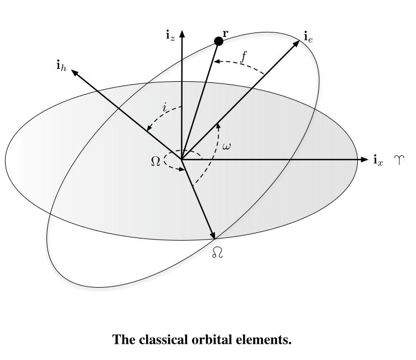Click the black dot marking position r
point(219,41)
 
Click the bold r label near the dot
point(226,34)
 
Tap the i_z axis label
point(170,36)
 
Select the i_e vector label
point(308,38)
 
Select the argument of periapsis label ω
point(227,147)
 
